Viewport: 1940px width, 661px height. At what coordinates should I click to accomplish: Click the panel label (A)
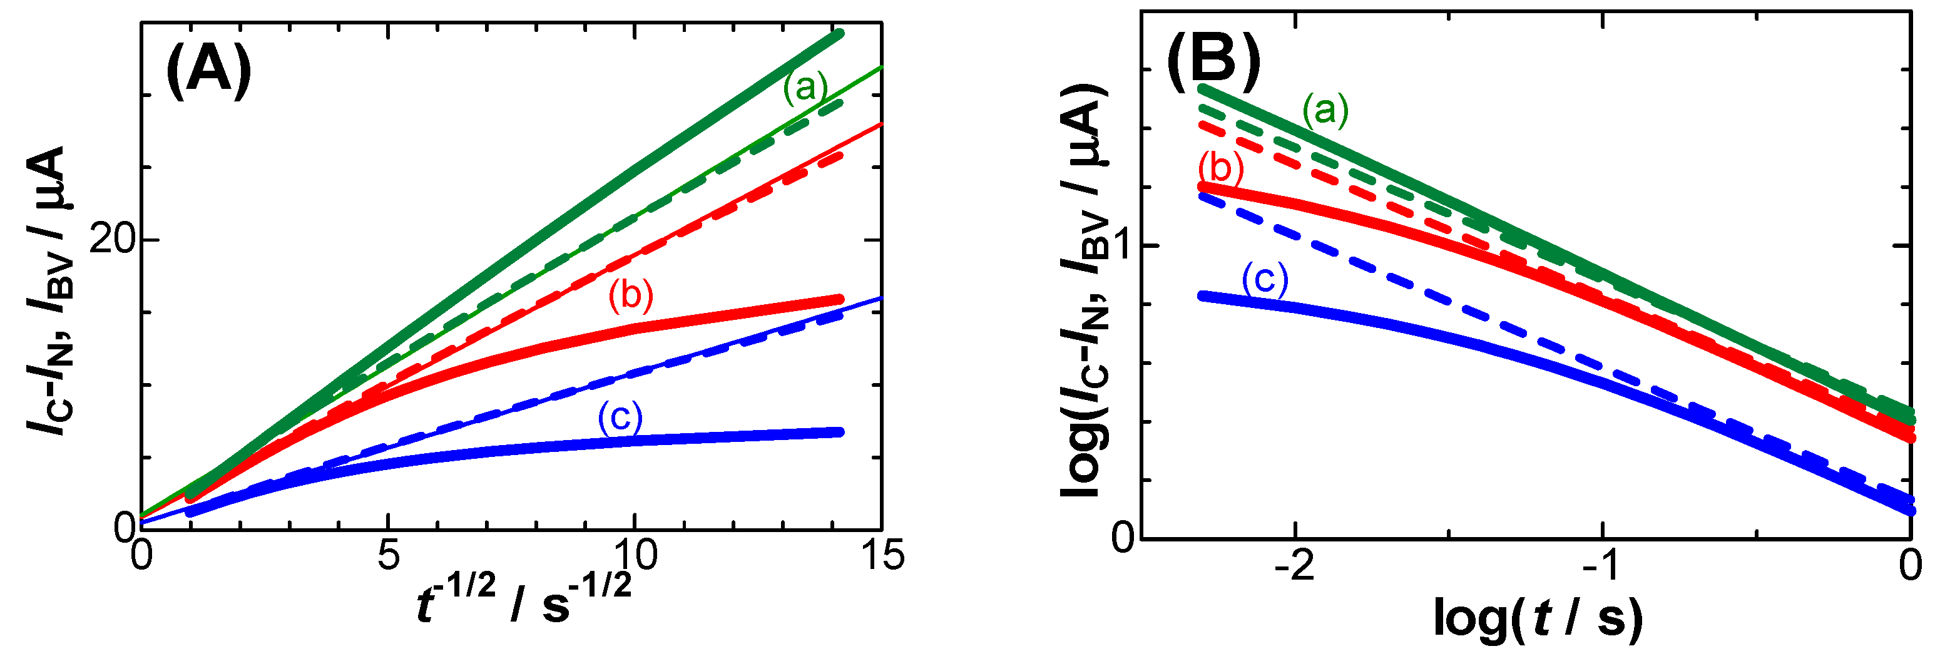click(208, 71)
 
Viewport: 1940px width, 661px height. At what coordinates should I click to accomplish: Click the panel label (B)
click(1213, 59)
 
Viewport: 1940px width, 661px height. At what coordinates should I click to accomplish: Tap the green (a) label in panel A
click(805, 88)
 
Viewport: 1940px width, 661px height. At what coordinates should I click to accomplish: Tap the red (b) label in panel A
click(630, 294)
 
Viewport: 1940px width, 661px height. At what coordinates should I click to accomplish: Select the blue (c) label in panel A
click(620, 416)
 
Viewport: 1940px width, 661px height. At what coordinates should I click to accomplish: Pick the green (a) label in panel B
click(1325, 111)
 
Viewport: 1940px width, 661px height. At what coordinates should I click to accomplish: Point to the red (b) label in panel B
click(1220, 167)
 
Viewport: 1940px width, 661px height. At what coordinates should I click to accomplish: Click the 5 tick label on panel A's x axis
click(387, 556)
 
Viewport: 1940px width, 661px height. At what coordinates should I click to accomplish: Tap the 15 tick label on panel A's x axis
click(881, 556)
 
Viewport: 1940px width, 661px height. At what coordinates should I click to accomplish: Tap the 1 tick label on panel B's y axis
click(1122, 246)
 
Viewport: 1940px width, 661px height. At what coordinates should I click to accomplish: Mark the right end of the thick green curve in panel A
click(840, 34)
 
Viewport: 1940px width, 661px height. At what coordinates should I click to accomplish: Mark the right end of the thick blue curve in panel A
click(840, 432)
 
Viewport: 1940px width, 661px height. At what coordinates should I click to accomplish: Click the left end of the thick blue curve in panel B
click(1203, 296)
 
